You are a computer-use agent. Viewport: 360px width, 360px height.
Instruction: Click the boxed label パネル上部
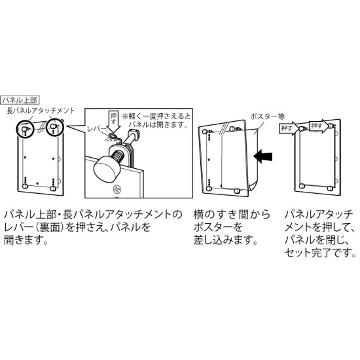(x=20, y=100)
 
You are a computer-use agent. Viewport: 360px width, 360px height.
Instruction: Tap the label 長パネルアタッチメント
(x=41, y=111)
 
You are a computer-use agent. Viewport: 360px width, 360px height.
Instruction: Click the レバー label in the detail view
(x=97, y=129)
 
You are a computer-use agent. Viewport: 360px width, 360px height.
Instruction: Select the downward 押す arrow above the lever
(x=114, y=121)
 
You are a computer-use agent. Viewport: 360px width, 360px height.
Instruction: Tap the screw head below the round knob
(x=116, y=189)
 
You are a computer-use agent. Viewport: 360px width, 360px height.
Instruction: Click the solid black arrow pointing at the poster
(x=263, y=156)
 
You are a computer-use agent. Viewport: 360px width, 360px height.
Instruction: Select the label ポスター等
(x=267, y=117)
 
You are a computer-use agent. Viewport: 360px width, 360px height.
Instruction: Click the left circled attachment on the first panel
(x=25, y=129)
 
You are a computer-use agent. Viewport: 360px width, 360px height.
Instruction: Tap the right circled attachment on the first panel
(x=54, y=127)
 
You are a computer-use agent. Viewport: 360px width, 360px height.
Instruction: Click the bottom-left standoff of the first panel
(x=25, y=185)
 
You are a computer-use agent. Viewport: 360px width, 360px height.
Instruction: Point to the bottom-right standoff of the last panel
(x=330, y=188)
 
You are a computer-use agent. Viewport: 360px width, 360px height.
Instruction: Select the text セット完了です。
(x=320, y=252)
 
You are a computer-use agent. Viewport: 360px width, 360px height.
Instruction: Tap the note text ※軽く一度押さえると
(x=156, y=117)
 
